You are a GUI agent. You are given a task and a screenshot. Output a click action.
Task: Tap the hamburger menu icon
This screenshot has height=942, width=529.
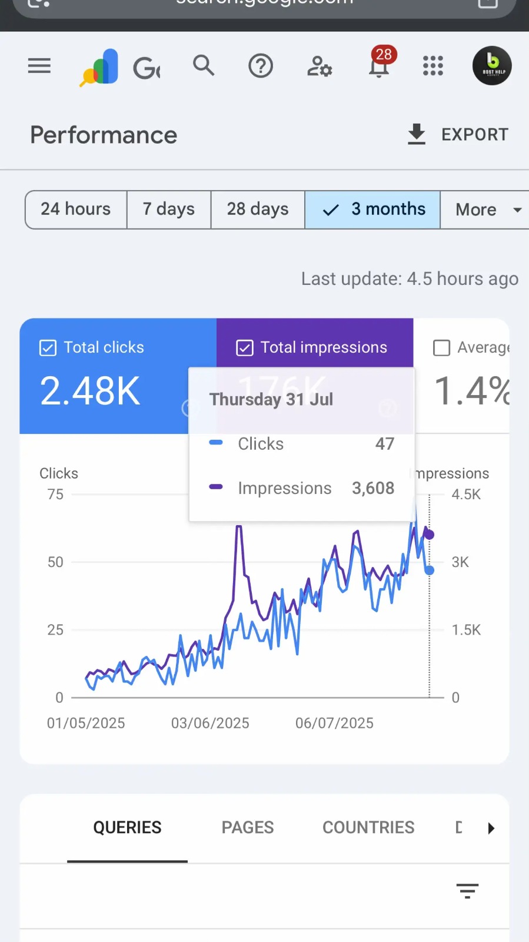(x=39, y=66)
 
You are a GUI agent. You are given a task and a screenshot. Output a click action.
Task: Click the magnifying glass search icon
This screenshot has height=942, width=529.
(x=204, y=65)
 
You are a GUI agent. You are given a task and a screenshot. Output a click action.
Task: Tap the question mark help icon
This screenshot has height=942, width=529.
(x=261, y=66)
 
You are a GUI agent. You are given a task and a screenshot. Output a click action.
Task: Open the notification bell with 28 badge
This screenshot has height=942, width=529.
(x=379, y=66)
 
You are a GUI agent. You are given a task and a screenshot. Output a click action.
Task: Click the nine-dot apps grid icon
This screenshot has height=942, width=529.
(x=433, y=66)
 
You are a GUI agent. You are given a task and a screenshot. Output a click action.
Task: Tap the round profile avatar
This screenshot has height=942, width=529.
(x=492, y=66)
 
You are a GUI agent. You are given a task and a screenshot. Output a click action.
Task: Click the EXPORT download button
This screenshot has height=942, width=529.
(x=458, y=134)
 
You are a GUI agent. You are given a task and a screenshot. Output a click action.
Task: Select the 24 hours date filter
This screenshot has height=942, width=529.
(x=76, y=209)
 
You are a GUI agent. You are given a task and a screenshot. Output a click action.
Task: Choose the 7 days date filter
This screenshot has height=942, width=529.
(x=169, y=209)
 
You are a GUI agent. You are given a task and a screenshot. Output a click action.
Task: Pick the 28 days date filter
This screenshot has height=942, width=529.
(x=258, y=209)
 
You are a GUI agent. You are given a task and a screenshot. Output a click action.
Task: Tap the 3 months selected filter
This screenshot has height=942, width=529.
(x=373, y=209)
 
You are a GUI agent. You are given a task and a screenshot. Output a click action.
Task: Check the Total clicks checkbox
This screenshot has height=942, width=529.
(x=48, y=348)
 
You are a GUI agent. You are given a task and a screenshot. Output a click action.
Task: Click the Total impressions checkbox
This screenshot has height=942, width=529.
(x=245, y=348)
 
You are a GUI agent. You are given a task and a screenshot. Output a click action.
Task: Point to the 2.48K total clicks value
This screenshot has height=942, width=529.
(x=90, y=391)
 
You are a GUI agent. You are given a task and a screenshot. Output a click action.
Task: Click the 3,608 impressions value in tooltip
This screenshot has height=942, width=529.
(x=373, y=488)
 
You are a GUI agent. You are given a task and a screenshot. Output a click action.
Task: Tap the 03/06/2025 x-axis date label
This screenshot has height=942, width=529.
(x=210, y=723)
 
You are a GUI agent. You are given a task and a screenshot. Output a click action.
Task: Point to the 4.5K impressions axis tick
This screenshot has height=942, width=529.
(x=466, y=495)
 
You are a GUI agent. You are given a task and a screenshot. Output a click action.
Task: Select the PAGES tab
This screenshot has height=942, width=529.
(x=248, y=827)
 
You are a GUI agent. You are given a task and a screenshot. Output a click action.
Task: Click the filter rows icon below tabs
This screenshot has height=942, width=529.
(x=467, y=891)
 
